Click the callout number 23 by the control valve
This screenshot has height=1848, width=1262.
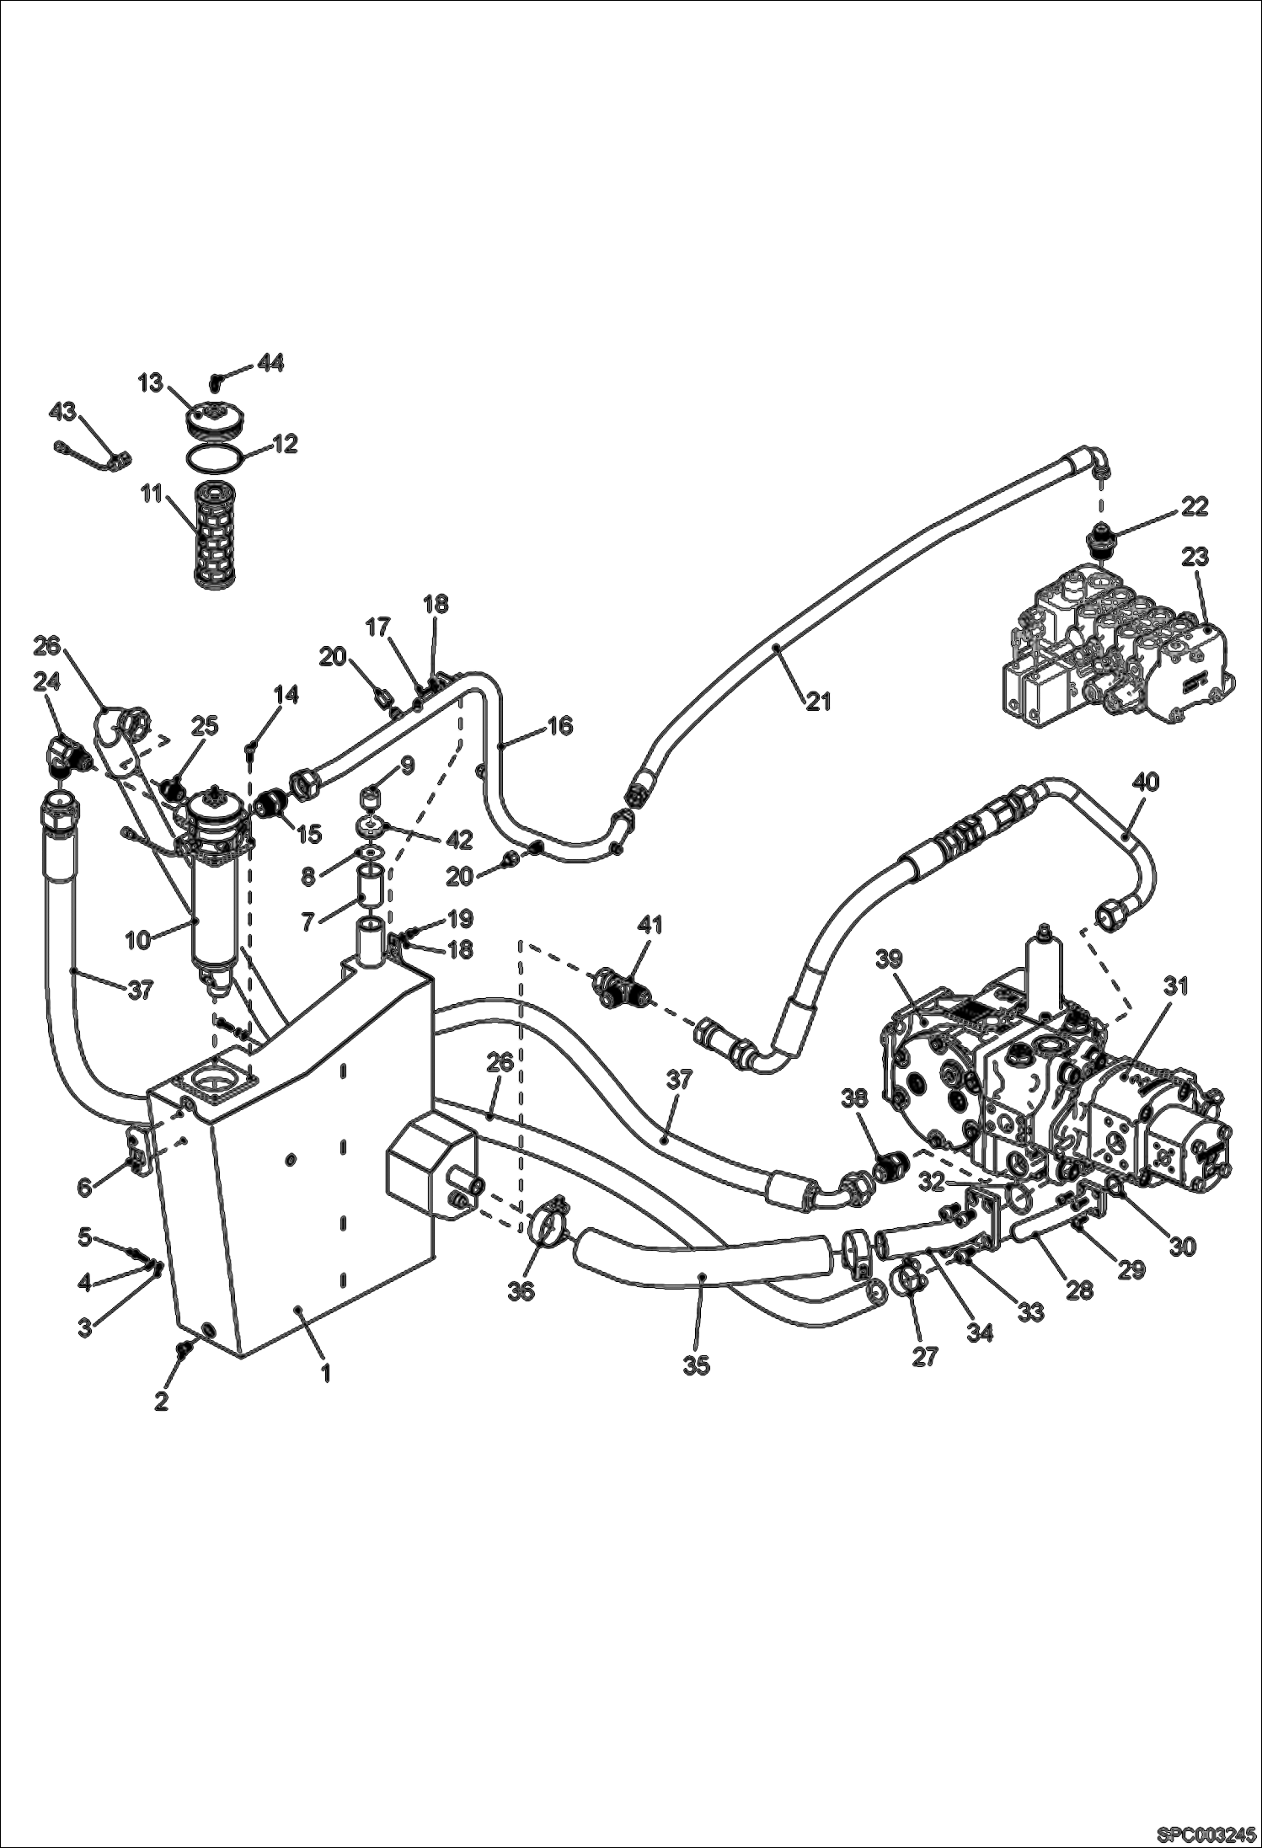(1195, 557)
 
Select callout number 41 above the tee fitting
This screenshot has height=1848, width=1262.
(650, 925)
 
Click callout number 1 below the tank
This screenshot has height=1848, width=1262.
(325, 1373)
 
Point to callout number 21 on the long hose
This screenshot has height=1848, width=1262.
(818, 699)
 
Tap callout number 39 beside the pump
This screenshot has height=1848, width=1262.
(890, 959)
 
